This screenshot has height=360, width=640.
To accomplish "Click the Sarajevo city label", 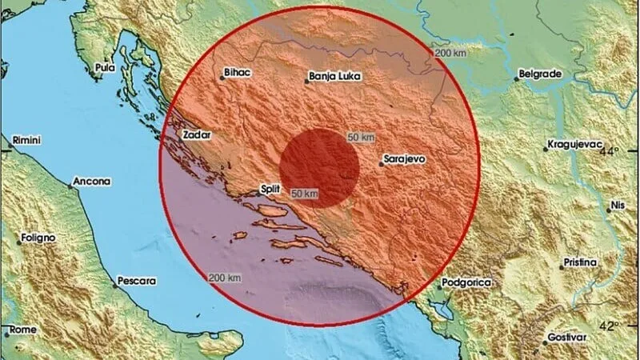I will tap(405, 159).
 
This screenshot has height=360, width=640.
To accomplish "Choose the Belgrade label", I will tap(541, 74).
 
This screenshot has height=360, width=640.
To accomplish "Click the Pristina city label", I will tap(579, 262).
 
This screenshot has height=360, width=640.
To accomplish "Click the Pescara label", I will tap(136, 281).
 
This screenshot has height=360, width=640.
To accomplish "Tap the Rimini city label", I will tap(26, 141).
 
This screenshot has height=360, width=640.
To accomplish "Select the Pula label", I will tap(105, 68).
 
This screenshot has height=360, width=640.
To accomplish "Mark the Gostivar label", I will tap(566, 338).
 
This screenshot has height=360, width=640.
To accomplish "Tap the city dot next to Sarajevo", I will tap(381, 165).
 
